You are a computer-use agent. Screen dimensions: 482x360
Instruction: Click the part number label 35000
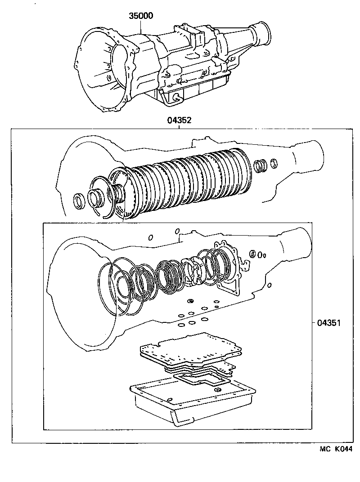click(x=141, y=16)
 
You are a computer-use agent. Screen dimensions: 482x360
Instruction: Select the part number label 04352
click(x=180, y=120)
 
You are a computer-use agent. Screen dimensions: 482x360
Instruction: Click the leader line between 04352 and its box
click(x=180, y=126)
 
